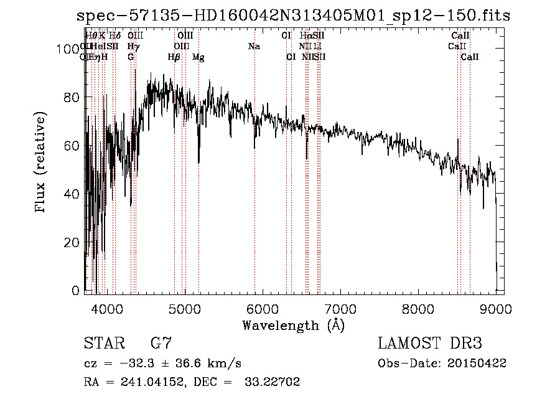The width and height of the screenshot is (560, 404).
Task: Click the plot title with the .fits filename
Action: (x=293, y=15)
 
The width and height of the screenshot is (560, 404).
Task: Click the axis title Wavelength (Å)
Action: (x=293, y=325)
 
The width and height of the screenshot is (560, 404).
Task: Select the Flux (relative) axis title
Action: (x=42, y=163)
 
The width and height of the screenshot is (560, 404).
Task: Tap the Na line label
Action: (x=254, y=47)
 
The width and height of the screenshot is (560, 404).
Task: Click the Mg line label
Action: (x=198, y=57)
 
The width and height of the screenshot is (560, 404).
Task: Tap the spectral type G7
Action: (x=161, y=344)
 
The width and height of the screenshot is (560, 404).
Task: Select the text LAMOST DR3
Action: (x=430, y=344)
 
